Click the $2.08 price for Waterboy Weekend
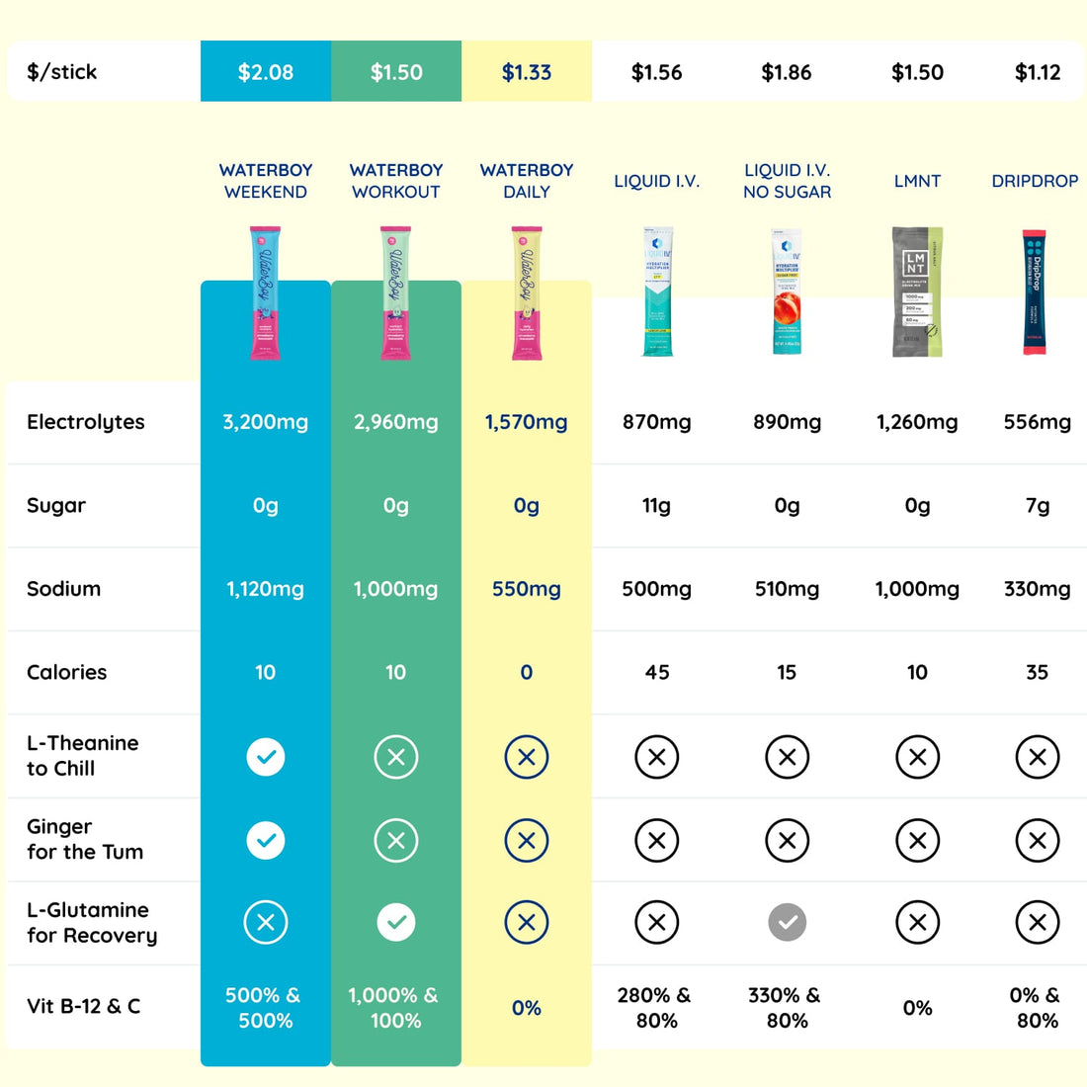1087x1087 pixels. [265, 72]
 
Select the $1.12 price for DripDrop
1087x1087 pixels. [1037, 72]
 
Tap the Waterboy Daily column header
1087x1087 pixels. [526, 181]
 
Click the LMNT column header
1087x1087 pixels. [917, 181]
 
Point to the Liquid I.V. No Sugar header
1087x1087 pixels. [787, 181]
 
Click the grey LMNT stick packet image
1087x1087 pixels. [917, 292]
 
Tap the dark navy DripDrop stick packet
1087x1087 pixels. [1036, 292]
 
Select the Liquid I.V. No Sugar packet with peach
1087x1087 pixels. [787, 292]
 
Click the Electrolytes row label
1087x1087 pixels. [86, 422]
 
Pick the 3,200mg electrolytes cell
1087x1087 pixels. [265, 422]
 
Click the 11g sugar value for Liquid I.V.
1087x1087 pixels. [656, 505]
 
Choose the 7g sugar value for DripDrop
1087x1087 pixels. [1037, 505]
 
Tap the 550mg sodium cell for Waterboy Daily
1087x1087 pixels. [526, 589]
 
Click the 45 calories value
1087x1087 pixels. [656, 672]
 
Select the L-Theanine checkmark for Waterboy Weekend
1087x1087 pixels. [265, 757]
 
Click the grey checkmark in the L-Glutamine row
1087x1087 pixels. [787, 922]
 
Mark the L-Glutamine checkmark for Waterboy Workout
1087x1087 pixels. [395, 922]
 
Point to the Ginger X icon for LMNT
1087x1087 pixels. [917, 840]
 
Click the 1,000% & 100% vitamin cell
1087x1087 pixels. [395, 1008]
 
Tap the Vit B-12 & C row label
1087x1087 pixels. [84, 1006]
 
